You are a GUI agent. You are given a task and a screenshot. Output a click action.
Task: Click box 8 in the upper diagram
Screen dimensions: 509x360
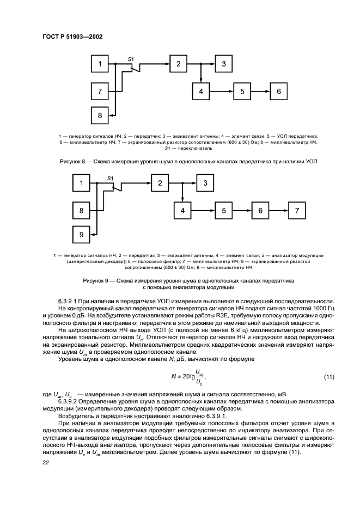click(100, 115)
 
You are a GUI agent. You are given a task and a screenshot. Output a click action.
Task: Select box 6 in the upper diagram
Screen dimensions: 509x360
click(278, 91)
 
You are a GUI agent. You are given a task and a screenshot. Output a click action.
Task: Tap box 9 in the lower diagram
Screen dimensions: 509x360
click(81, 234)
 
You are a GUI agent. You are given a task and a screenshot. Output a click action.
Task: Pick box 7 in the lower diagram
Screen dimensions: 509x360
click(297, 210)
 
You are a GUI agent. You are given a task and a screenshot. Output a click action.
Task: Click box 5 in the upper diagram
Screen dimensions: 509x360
click(243, 91)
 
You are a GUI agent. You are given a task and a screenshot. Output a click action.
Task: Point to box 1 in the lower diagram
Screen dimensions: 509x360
click(81, 184)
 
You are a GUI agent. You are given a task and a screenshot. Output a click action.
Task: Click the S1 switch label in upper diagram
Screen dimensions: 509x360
click(131, 58)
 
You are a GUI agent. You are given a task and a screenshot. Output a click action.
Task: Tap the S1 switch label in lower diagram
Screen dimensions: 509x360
click(111, 177)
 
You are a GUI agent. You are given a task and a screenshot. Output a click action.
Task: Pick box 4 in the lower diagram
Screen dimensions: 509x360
click(183, 210)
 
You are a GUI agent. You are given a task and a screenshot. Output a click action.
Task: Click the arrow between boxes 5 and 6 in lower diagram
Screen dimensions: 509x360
click(243, 210)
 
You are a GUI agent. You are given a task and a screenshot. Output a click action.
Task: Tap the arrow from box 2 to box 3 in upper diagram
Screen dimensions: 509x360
click(205, 64)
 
